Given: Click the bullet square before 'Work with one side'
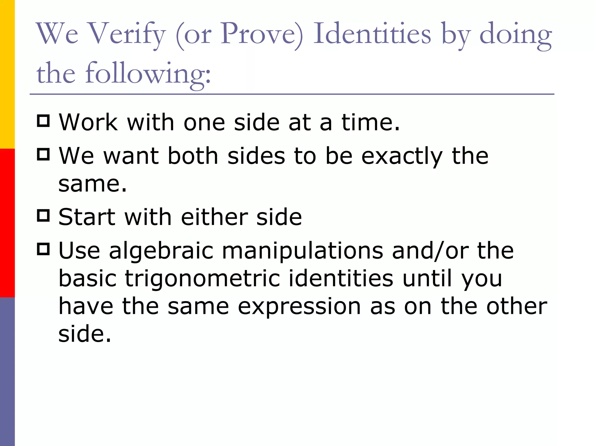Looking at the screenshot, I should pos(44,121).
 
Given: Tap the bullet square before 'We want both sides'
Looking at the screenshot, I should pos(44,154).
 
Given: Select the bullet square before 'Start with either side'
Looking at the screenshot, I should pos(44,215).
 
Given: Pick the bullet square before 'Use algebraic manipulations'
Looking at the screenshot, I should pos(44,249).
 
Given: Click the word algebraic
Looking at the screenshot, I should pos(161,250).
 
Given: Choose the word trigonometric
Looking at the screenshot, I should pos(202,278).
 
